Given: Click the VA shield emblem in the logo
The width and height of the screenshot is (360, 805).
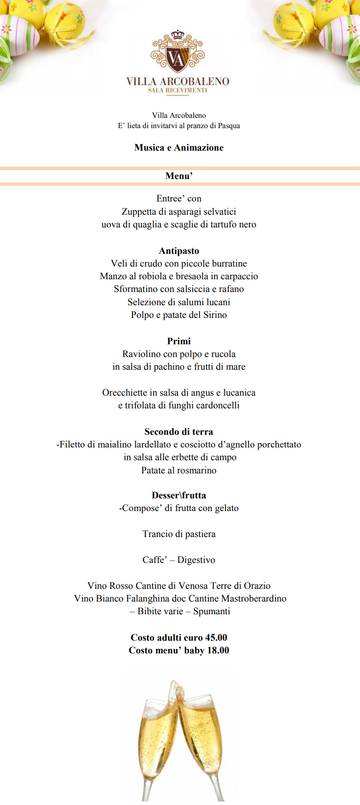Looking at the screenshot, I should tap(177, 58).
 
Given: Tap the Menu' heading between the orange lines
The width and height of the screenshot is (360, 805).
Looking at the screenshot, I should tap(179, 176).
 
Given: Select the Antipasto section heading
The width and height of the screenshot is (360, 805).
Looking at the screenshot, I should tap(179, 251).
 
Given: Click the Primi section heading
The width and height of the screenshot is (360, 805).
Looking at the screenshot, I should tap(179, 341).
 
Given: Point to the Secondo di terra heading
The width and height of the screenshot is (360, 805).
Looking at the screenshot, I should tap(179, 432).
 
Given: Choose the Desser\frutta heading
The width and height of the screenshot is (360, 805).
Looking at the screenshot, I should tap(179, 495).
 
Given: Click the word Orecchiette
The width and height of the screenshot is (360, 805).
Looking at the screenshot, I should tap(125, 393).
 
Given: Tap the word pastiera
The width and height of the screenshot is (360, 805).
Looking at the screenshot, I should tap(200, 534).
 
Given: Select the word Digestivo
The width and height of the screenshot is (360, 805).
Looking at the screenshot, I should tap(196, 560).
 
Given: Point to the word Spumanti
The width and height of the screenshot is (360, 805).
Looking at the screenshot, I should tap(212, 611).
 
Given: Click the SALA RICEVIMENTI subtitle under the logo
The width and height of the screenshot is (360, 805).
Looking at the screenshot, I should tap(178, 90).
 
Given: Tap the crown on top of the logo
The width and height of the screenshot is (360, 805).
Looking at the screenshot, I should tap(178, 36).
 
